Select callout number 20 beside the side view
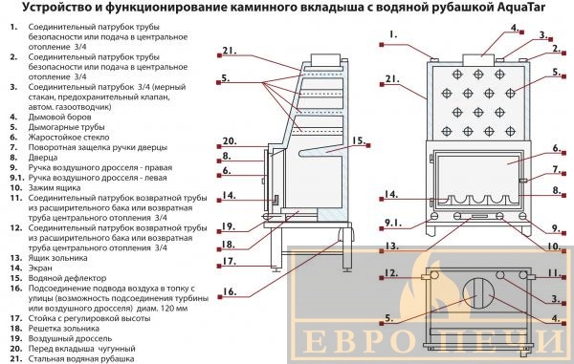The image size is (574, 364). pos(230,141)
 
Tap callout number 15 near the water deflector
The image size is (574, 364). pos(359,140)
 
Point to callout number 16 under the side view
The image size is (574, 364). pos(230,291)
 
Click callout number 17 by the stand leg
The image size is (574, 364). pos(230,262)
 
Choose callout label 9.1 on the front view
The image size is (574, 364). pos(393,223)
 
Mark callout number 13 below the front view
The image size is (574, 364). pos(391,246)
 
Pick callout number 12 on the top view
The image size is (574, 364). pos(391,273)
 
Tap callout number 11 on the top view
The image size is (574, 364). pos(554,272)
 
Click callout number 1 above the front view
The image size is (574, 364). pos(393,34)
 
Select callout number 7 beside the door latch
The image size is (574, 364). pos(557,169)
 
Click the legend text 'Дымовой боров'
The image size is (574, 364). pos(59,117)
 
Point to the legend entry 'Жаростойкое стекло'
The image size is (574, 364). pos(69,138)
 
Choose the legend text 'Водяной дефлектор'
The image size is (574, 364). pos(67,278)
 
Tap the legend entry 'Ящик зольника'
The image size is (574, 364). pos(57,258)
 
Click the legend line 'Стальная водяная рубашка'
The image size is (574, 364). pos(81,359)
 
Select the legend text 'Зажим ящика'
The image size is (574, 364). pos(55,188)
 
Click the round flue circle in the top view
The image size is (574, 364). pos(478,293)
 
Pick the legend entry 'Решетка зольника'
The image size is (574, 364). pos(64,329)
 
